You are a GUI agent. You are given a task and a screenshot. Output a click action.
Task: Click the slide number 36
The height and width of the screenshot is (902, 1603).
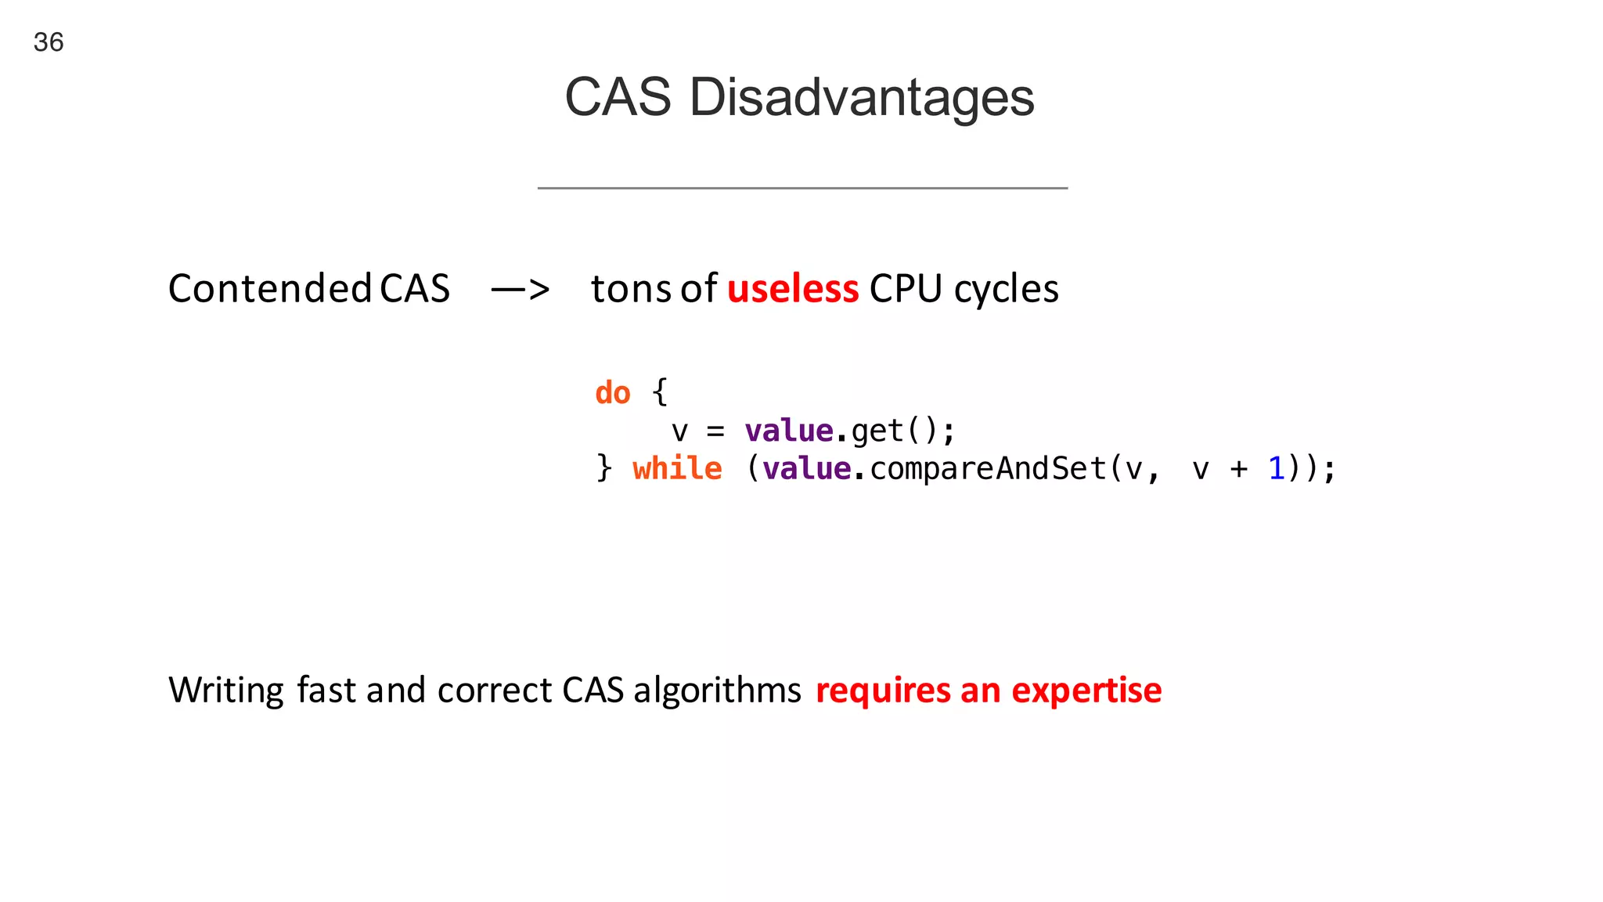(49, 42)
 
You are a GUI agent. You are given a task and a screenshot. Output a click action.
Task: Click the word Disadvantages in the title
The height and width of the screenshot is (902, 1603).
(861, 98)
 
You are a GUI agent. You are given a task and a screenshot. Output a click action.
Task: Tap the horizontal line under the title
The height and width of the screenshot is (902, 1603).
(802, 188)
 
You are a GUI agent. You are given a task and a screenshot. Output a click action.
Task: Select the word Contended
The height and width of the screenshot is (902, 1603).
(269, 288)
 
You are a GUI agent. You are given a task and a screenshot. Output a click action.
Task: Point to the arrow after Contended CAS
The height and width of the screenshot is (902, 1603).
(521, 290)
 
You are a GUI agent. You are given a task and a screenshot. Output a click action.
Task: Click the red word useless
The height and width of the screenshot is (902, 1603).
(793, 288)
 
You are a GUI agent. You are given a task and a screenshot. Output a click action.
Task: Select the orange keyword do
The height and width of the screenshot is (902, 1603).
(612, 393)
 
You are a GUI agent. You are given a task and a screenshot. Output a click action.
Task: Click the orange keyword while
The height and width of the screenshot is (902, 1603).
(677, 468)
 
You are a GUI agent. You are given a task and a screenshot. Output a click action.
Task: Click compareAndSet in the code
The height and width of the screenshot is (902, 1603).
(988, 468)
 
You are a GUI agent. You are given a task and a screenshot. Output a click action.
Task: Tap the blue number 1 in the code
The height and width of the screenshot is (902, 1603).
(1276, 468)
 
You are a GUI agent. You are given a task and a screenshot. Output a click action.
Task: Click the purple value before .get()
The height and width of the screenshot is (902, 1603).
(788, 431)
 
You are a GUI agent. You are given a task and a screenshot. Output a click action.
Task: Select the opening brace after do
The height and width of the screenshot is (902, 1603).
(660, 391)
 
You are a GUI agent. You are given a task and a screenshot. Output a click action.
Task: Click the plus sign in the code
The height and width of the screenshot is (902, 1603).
(1238, 469)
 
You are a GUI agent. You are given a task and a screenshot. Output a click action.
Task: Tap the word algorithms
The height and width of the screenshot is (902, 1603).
(717, 691)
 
